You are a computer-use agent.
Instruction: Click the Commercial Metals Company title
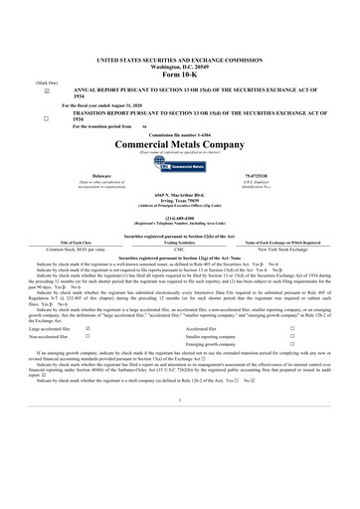179,144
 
